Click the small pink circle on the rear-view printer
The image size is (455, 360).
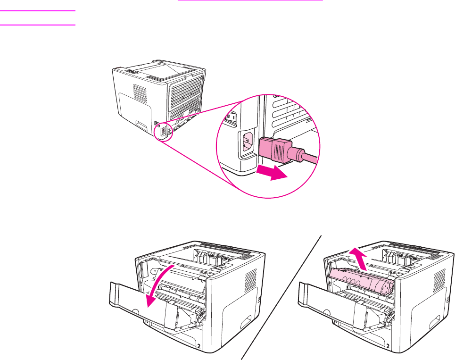pyautogui.click(x=164, y=132)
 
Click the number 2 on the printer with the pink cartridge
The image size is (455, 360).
pyautogui.click(x=388, y=346)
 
